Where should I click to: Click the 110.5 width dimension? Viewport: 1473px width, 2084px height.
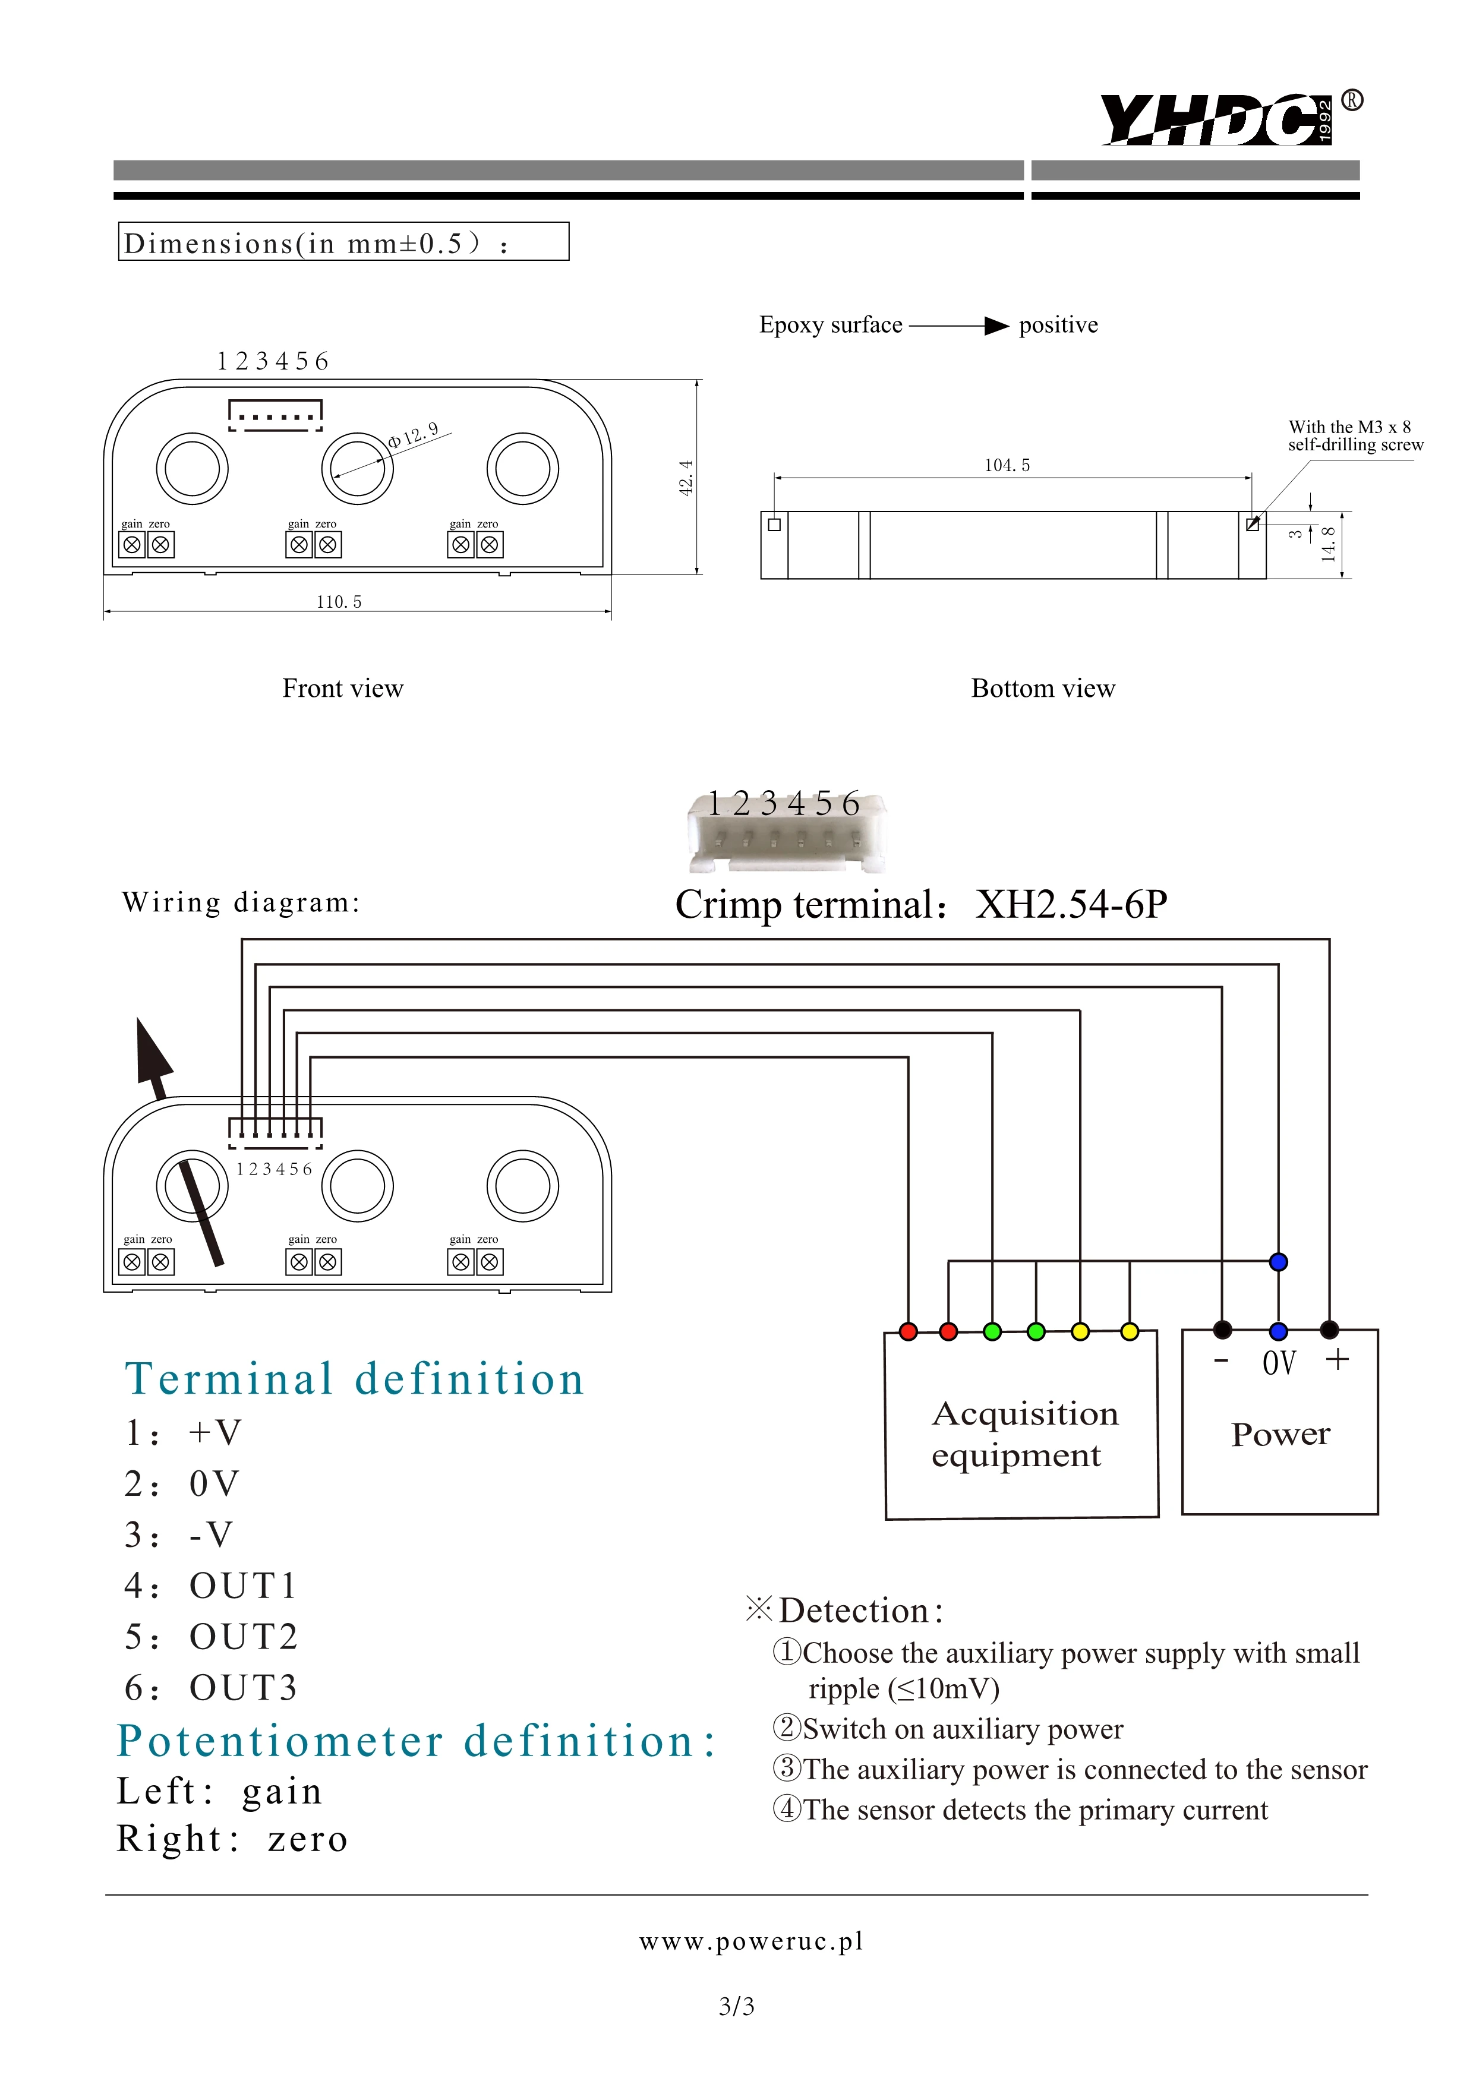(339, 602)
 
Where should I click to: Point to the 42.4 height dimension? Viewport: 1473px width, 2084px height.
(686, 478)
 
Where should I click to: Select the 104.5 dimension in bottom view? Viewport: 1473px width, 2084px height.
(1007, 466)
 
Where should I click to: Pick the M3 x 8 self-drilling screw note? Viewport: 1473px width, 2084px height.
(1354, 435)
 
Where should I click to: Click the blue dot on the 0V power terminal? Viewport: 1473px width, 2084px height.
(1279, 1331)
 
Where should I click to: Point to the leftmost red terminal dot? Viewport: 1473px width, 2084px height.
(907, 1331)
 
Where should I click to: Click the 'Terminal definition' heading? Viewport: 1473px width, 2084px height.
(354, 1379)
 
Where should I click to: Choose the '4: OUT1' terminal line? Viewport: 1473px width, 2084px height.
(210, 1586)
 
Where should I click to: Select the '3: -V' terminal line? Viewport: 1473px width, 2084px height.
(179, 1535)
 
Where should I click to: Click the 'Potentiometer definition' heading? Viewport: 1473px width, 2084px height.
(416, 1741)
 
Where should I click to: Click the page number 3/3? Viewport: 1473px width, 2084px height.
(736, 2006)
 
